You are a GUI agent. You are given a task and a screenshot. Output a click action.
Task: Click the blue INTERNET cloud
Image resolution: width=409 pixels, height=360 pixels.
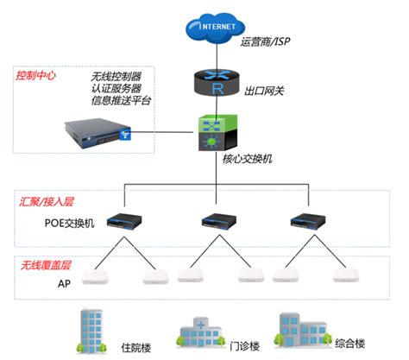(216, 28)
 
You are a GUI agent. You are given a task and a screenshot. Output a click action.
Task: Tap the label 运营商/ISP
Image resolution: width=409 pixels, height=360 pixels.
(265, 42)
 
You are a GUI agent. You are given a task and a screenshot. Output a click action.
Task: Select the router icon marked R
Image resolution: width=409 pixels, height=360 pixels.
(217, 83)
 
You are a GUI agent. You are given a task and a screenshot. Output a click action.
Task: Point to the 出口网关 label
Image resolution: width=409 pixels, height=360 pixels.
(264, 91)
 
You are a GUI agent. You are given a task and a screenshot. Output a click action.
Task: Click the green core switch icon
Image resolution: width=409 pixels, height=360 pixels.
(218, 133)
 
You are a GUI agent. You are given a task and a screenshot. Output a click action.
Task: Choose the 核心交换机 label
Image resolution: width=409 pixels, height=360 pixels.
(248, 159)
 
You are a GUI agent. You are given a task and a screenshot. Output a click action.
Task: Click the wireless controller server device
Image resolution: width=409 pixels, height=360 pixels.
(98, 134)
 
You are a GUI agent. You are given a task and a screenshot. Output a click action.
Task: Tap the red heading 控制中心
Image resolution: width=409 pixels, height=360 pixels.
(35, 75)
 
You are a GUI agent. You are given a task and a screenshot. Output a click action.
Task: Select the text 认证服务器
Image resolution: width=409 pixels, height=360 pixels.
(116, 89)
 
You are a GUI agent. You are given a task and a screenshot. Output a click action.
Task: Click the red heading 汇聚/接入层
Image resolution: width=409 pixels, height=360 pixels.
(47, 202)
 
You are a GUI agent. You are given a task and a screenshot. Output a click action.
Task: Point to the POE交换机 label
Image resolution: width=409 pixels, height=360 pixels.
(69, 223)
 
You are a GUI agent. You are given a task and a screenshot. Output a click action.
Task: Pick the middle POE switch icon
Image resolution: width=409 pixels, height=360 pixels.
(219, 222)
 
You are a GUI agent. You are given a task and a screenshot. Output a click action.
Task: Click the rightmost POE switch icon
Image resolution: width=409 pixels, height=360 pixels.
(308, 222)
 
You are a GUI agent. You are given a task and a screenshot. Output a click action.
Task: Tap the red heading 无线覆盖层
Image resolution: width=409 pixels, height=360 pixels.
(46, 265)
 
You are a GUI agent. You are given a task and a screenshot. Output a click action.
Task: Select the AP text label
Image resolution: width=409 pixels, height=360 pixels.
(64, 284)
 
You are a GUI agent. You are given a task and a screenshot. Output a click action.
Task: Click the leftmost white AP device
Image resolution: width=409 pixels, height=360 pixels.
(95, 277)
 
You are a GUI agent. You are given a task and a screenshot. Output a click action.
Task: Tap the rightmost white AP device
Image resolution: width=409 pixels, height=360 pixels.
(346, 275)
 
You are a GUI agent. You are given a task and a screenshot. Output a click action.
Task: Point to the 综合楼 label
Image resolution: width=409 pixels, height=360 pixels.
(350, 344)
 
